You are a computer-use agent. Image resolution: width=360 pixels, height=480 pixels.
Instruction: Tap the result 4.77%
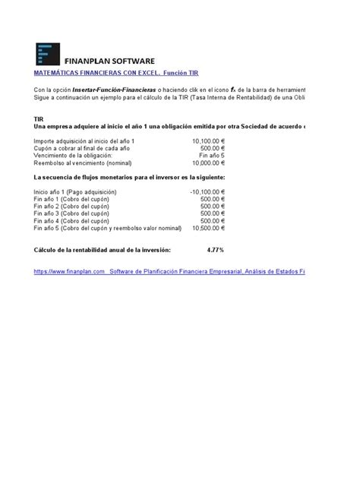point(215,249)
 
